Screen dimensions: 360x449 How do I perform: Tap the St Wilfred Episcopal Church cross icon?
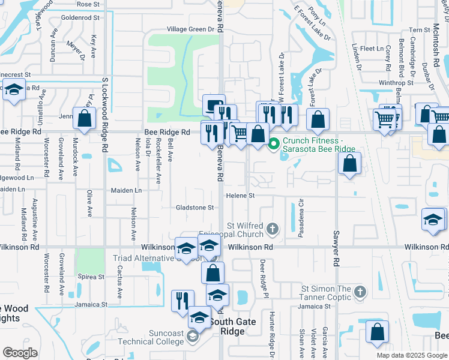click(x=273, y=228)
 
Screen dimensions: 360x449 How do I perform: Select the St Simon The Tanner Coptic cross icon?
click(x=360, y=292)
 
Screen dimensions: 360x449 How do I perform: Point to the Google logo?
click(x=20, y=353)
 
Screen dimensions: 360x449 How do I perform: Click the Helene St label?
click(x=241, y=196)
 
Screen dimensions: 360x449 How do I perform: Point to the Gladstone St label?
click(x=194, y=208)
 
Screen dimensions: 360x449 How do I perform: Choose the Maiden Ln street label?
click(x=126, y=190)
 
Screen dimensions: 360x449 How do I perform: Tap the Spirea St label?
click(x=92, y=277)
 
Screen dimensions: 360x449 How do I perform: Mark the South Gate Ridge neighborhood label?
click(x=232, y=326)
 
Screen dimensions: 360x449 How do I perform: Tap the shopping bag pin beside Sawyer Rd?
click(x=349, y=163)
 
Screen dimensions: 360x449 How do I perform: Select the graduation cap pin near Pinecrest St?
click(x=14, y=89)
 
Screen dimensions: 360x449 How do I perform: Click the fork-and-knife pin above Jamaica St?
click(x=182, y=301)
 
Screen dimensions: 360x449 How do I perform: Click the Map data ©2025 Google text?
click(x=411, y=355)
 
